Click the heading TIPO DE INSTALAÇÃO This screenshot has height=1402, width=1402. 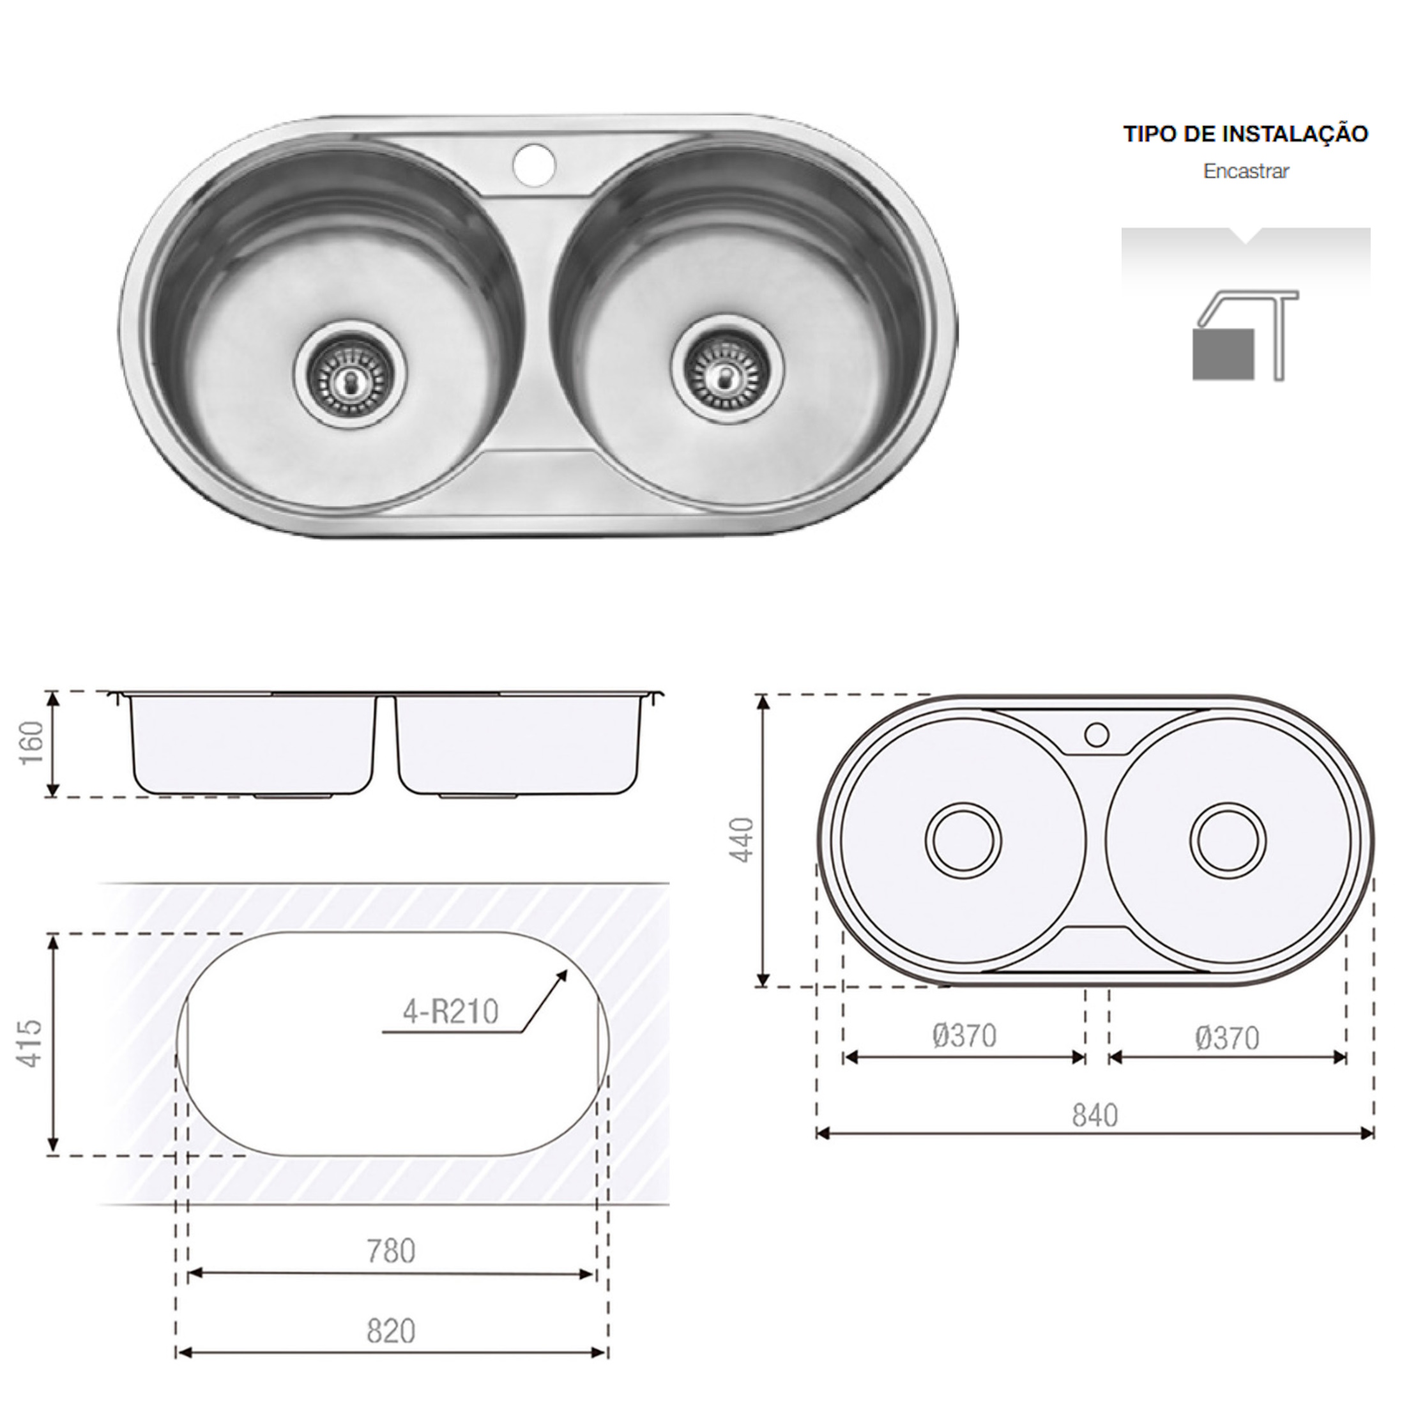(1246, 133)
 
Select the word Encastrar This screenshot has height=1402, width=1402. (1246, 171)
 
